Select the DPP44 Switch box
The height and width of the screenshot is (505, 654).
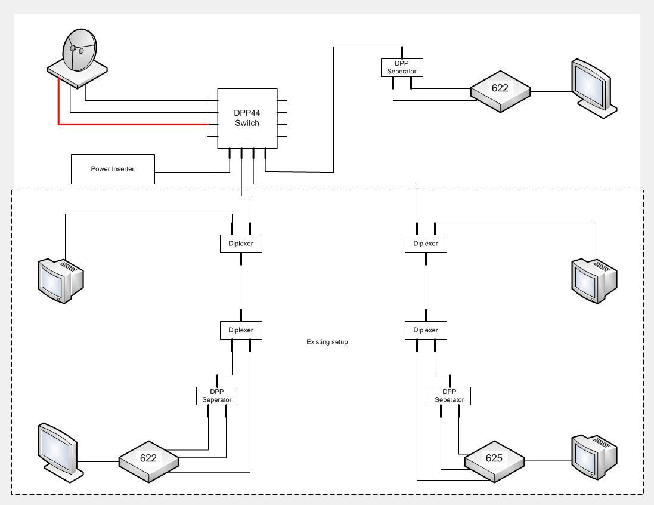tap(247, 118)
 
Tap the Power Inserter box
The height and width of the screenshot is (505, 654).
tap(113, 169)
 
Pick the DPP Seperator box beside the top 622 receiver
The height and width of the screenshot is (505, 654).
tap(402, 67)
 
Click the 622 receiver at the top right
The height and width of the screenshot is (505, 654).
tap(501, 91)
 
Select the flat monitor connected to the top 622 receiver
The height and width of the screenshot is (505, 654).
tap(594, 88)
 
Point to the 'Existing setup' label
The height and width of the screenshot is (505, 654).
tap(327, 342)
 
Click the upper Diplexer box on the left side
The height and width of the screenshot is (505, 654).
tap(241, 244)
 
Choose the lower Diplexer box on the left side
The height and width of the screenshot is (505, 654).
tap(241, 331)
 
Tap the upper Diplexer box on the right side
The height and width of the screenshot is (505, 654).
tap(426, 244)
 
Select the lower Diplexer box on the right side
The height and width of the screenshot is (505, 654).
tap(426, 331)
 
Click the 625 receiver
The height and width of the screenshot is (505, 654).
tap(495, 461)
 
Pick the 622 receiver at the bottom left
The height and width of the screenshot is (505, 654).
tap(149, 461)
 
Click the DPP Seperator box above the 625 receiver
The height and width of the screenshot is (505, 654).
tap(450, 396)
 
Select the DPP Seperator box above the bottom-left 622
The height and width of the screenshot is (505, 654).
tap(218, 396)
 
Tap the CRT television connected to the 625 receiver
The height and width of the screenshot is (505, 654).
tap(594, 457)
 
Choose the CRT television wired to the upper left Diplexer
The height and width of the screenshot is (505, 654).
tap(61, 281)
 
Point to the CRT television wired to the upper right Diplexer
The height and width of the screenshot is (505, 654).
tap(594, 281)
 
